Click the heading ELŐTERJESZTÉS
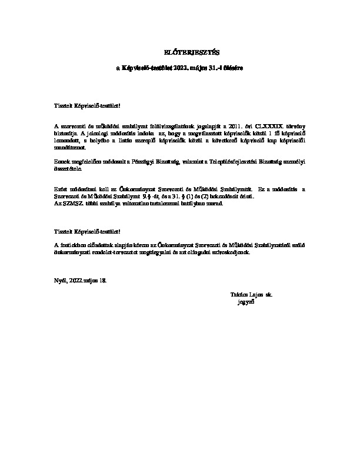pos(179,52)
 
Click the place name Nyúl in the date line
pos(60,281)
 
